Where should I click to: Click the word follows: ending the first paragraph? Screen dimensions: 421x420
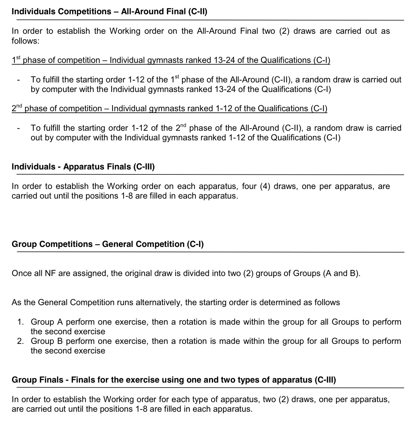[x=25, y=41]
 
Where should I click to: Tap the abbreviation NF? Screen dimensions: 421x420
[x=50, y=273]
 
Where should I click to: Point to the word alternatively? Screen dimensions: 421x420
[x=158, y=302]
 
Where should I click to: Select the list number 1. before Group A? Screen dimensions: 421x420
[x=21, y=322]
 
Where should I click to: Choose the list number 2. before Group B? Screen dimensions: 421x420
[x=21, y=341]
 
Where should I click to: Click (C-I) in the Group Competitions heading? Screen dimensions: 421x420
[x=195, y=244]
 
